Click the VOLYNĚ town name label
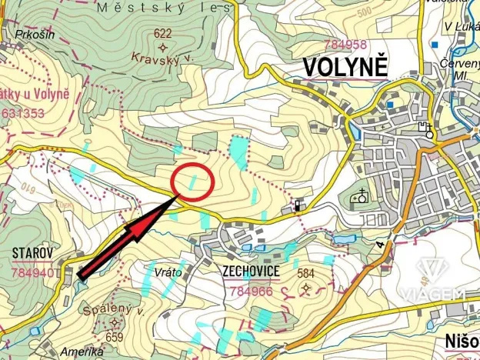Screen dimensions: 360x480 coord(344,68)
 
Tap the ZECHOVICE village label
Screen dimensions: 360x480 coord(250,273)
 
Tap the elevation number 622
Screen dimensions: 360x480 coord(162,33)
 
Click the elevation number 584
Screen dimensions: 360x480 coord(306,273)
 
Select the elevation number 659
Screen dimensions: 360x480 coord(115,336)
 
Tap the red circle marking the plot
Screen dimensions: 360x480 coord(192,182)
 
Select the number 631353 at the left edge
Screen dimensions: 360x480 coord(23,113)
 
